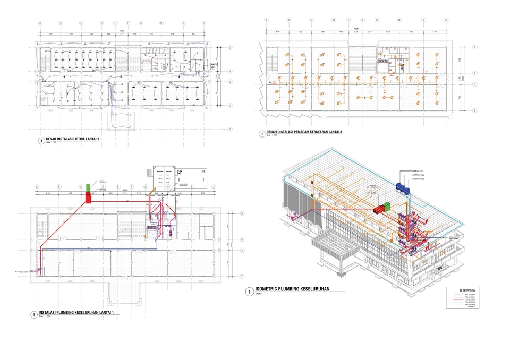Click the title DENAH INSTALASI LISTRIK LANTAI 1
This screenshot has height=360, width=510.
(72, 139)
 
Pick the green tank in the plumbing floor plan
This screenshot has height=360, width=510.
(88, 186)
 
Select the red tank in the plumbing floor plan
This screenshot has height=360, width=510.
(88, 198)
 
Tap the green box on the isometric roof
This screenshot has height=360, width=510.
(387, 206)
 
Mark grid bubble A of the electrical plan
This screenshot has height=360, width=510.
(40, 23)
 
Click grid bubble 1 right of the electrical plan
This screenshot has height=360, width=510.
(229, 129)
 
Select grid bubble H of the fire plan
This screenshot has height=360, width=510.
(399, 20)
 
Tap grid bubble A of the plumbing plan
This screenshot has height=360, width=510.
(37, 187)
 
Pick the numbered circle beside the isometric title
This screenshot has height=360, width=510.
(249, 292)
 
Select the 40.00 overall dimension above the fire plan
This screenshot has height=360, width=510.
(356, 29)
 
